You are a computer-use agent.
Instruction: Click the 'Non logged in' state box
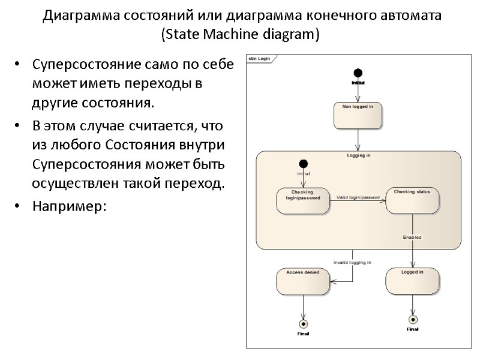358,115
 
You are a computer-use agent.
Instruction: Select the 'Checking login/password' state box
303,201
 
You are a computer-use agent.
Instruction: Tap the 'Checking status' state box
412,201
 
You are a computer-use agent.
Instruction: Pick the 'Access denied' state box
303,281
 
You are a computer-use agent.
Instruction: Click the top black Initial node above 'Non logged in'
358,72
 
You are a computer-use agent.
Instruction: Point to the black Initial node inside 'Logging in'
303,164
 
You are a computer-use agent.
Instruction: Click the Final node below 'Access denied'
303,320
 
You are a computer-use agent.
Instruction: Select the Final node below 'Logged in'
412,319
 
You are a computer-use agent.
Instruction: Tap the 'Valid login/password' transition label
358,197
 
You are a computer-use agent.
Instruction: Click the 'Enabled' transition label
412,238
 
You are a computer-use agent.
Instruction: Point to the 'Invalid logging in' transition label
352,262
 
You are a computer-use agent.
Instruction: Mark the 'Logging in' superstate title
358,155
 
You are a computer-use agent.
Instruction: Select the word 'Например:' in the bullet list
69,206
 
